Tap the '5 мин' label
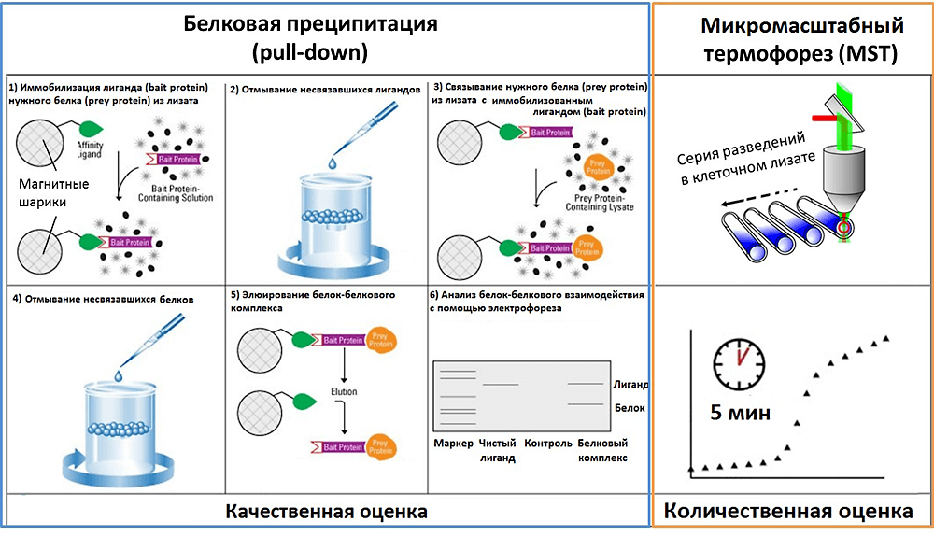741,412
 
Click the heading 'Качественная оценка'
326,512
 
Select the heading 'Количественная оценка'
788,512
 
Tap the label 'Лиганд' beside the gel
630,384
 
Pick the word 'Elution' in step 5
344,392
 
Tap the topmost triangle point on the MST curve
885,338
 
